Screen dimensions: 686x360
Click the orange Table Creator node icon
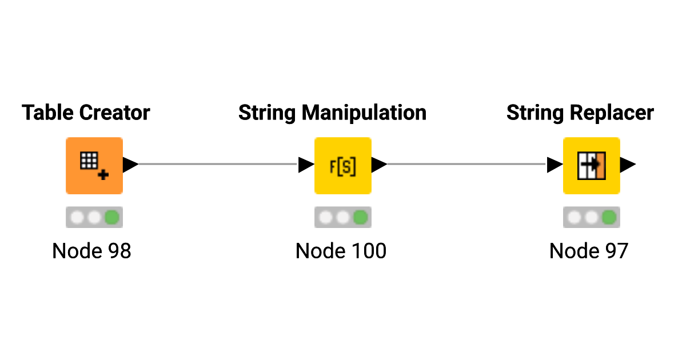[x=94, y=166]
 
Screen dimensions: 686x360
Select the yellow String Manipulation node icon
[x=343, y=166]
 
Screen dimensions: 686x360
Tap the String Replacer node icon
[x=592, y=166]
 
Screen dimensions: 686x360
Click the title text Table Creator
[x=86, y=113]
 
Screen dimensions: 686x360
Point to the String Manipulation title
[x=332, y=113]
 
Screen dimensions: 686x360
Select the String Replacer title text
[x=580, y=113]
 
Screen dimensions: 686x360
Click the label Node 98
[x=91, y=251]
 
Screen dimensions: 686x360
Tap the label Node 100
[x=341, y=251]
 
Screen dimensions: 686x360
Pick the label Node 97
[x=589, y=251]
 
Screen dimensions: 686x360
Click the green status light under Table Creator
[x=112, y=217]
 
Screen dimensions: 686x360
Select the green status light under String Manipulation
[x=361, y=217]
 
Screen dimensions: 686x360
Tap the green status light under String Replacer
[x=609, y=217]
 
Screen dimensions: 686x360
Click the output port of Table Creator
[x=130, y=165]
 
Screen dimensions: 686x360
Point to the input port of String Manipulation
[x=306, y=165]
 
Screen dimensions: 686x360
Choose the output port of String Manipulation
[x=379, y=165]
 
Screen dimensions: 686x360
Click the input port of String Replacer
[x=555, y=165]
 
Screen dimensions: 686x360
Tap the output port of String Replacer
[x=628, y=165]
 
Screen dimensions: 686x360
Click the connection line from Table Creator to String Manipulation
[x=218, y=164]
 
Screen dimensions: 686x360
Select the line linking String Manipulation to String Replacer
[x=467, y=164]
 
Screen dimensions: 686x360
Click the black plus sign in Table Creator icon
[x=103, y=174]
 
